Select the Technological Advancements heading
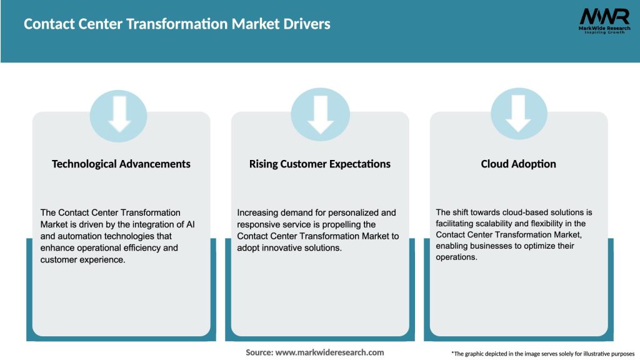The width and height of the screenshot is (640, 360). [121, 164]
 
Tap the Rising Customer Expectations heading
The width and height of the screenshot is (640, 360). [320, 164]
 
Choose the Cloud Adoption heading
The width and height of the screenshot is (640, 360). [519, 164]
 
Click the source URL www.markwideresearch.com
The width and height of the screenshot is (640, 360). [330, 352]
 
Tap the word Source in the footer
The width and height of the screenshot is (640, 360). [259, 352]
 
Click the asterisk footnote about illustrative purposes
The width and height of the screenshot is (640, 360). [542, 354]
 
